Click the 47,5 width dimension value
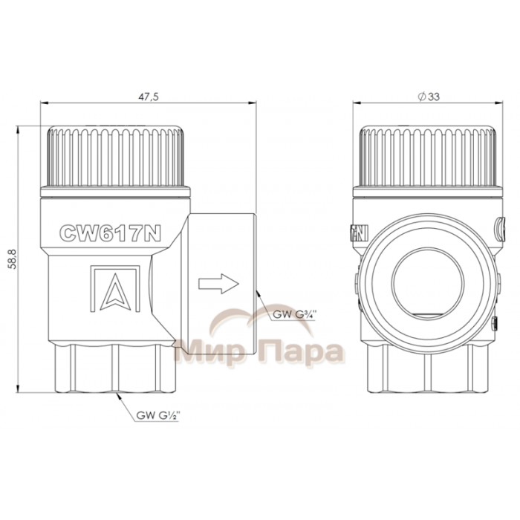pyautogui.click(x=149, y=97)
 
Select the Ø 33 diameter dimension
pyautogui.click(x=429, y=97)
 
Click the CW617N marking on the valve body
pyautogui.click(x=110, y=233)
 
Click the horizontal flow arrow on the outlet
pyautogui.click(x=218, y=284)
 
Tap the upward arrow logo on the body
pyautogui.click(x=115, y=289)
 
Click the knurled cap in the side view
pyautogui.click(x=115, y=157)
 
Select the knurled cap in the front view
pyautogui.click(x=428, y=157)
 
